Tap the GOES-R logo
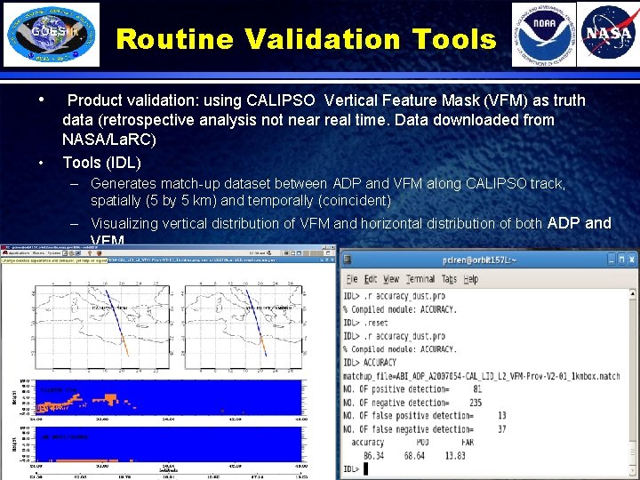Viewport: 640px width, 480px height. pos(52,36)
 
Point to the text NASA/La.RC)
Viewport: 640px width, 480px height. pos(109,140)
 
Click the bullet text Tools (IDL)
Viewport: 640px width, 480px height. pos(101,163)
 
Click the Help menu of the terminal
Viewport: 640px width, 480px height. pos(471,278)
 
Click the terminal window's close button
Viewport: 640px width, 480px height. pos(630,259)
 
